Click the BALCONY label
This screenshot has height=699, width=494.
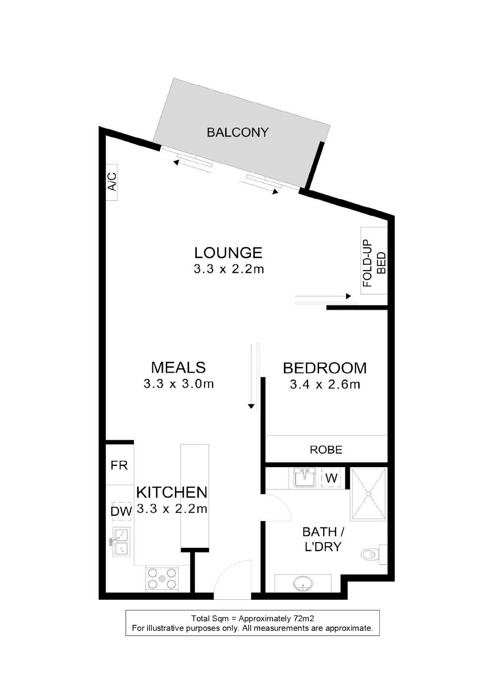pos(238,132)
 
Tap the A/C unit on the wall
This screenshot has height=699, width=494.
pos(112,182)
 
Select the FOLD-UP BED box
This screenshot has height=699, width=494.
pos(374,260)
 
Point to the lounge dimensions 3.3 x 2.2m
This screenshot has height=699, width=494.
pos(229,269)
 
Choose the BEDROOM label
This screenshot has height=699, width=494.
pos(324,368)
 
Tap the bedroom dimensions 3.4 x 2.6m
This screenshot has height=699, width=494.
pos(325,384)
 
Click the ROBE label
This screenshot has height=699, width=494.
pos(326,450)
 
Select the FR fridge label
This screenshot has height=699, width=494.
pos(119,466)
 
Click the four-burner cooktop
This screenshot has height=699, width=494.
pos(162,579)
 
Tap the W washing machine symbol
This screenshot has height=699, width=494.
pos(331,478)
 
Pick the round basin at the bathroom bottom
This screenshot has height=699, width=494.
pos(303,584)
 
